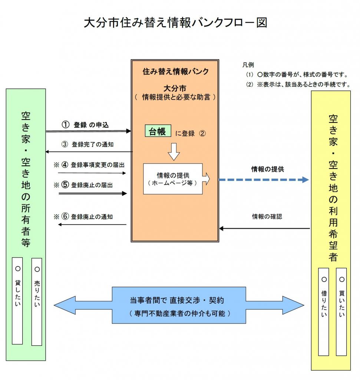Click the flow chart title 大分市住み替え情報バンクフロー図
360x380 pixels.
175,23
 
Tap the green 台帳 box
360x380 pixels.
158,131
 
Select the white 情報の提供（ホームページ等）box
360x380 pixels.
173,179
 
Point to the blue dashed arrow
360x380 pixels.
264,180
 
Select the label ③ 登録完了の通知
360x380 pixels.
87,145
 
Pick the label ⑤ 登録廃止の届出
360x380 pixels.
87,185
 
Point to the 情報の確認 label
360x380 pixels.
267,216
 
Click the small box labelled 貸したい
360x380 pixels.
17,301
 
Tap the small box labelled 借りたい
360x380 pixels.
324,311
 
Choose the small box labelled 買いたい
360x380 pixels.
341,311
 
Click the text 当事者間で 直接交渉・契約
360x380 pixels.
177,300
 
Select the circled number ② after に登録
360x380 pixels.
202,134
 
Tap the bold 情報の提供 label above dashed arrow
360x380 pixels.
268,169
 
